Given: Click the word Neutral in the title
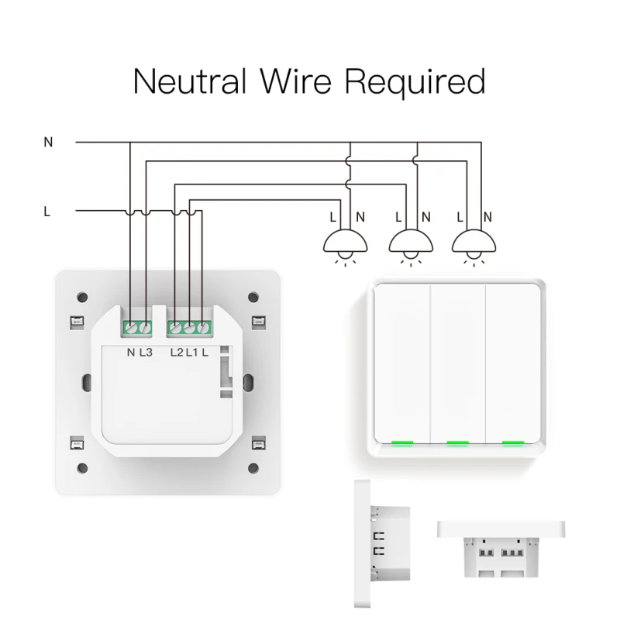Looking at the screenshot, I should tap(190, 81).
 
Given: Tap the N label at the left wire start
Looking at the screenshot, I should tap(48, 143).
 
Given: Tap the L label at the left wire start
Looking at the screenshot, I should tap(47, 211).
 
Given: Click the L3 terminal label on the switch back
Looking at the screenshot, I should tap(146, 353).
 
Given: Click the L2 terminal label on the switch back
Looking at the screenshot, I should tap(176, 353).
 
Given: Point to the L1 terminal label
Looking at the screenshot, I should tap(191, 353).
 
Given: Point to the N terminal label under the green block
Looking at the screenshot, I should tap(130, 353).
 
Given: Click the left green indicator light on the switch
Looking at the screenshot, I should tap(401, 444).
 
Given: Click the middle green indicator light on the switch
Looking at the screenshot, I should tap(457, 444).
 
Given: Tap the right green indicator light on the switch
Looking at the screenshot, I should tap(512, 444).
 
